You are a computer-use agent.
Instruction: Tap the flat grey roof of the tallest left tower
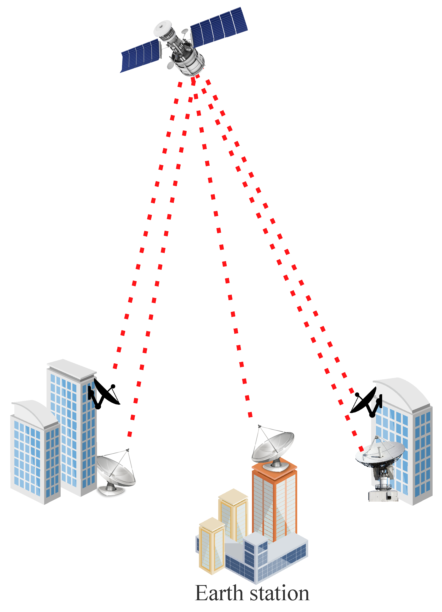tap(72, 368)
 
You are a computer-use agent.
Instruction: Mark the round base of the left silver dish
tap(111, 490)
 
